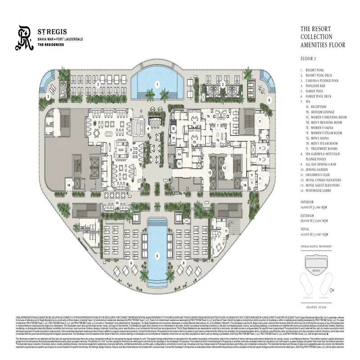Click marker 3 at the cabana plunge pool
48,96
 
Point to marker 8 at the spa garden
269,99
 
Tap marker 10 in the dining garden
117,203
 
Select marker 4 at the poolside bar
148,128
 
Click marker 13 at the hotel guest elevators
209,172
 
